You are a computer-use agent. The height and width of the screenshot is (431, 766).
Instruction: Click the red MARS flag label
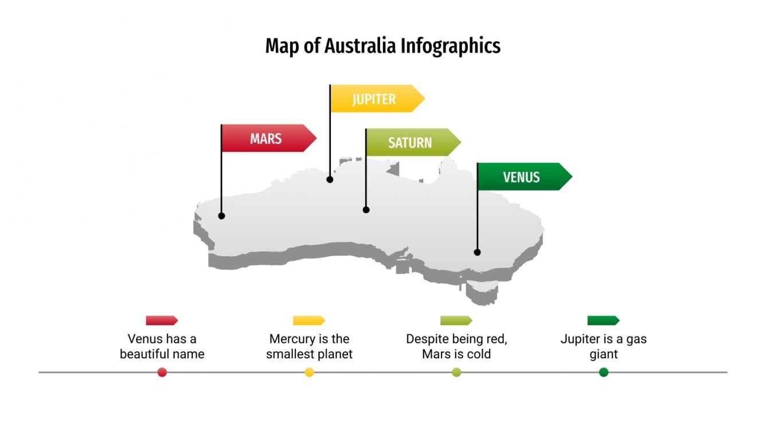(x=267, y=139)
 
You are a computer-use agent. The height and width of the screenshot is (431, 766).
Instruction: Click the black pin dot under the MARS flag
(x=221, y=216)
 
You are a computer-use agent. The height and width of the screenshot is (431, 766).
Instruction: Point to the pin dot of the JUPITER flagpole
(x=330, y=179)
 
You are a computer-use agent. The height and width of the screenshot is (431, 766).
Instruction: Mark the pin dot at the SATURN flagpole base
(x=366, y=210)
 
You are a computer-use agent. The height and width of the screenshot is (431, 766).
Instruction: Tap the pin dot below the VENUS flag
(x=477, y=252)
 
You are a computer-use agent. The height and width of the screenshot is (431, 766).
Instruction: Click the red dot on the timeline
(x=162, y=373)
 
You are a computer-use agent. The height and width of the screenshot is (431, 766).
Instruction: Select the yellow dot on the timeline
(x=310, y=373)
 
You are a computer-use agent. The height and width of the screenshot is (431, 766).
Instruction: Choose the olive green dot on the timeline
(x=456, y=373)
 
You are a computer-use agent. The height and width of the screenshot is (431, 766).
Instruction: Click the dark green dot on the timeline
(x=604, y=373)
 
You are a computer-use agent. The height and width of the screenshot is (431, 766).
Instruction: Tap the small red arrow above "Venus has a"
(x=162, y=320)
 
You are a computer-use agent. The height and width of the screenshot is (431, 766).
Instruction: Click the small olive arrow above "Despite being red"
(x=456, y=320)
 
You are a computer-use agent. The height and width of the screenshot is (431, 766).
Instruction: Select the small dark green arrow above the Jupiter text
(x=603, y=320)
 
